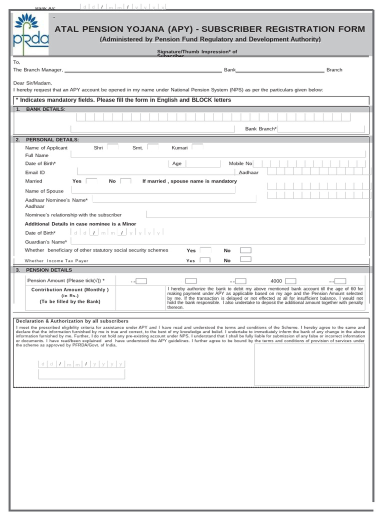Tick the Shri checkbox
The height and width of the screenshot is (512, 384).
[112, 147]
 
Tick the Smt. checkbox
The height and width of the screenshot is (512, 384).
[152, 147]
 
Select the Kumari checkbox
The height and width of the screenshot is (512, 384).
[197, 147]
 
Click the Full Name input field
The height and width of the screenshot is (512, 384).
[218, 155]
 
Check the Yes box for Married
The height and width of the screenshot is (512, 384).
[91, 181]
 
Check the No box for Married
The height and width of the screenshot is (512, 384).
[126, 181]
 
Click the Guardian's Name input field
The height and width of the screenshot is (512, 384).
[218, 241]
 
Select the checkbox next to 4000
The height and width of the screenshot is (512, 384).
[290, 281]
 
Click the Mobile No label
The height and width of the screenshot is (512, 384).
[240, 163]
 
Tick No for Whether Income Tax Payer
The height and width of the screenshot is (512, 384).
[245, 259]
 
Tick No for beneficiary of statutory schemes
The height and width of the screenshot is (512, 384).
[245, 250]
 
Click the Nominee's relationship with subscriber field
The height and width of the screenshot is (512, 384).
[255, 214]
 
